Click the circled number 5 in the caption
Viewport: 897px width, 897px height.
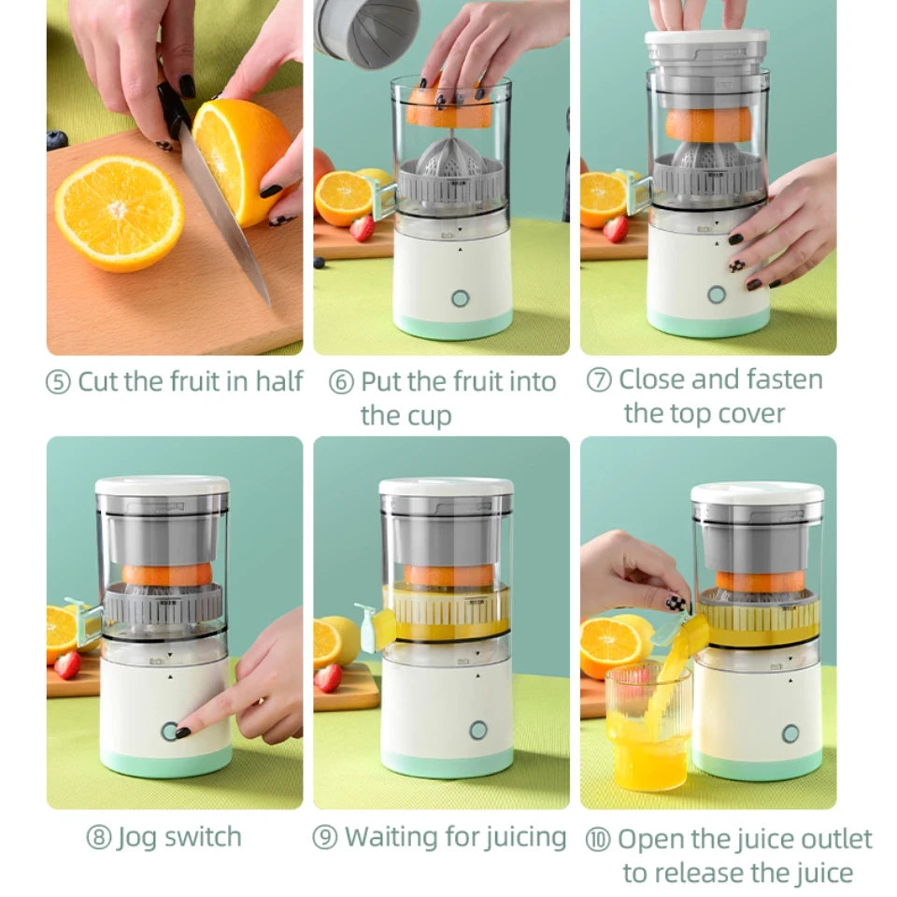59,383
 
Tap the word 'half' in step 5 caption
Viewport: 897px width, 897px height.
279,381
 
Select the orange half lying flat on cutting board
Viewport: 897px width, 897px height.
119,213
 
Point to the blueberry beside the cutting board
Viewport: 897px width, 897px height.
57,140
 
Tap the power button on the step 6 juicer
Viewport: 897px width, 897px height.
460,298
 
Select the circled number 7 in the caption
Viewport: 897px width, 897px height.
599,380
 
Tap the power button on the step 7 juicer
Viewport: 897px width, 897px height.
716,294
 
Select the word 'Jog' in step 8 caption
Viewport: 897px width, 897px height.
136,836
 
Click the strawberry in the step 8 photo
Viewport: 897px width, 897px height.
67,664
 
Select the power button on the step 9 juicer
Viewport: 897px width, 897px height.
478,730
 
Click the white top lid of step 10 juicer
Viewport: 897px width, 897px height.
757,492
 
